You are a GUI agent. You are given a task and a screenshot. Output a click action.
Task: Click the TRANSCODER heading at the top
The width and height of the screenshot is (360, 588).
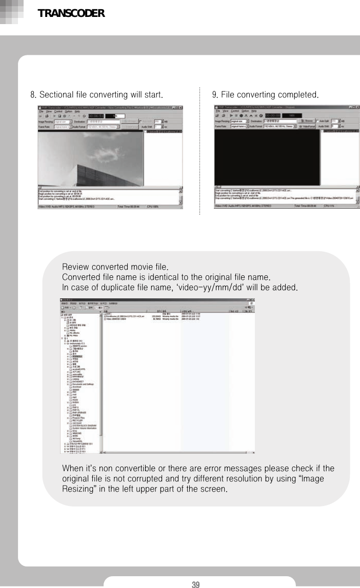point(71,14)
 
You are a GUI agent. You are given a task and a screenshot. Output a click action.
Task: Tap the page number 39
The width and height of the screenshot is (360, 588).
point(195,584)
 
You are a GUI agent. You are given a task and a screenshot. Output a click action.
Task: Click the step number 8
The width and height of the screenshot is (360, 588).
point(32,95)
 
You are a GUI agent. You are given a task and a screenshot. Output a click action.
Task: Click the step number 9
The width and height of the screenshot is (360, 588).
point(215,95)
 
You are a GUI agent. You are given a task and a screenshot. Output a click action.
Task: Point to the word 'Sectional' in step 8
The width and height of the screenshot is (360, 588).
point(56,95)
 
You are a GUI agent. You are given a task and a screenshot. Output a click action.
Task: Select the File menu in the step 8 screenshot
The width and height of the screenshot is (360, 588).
point(41,111)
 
